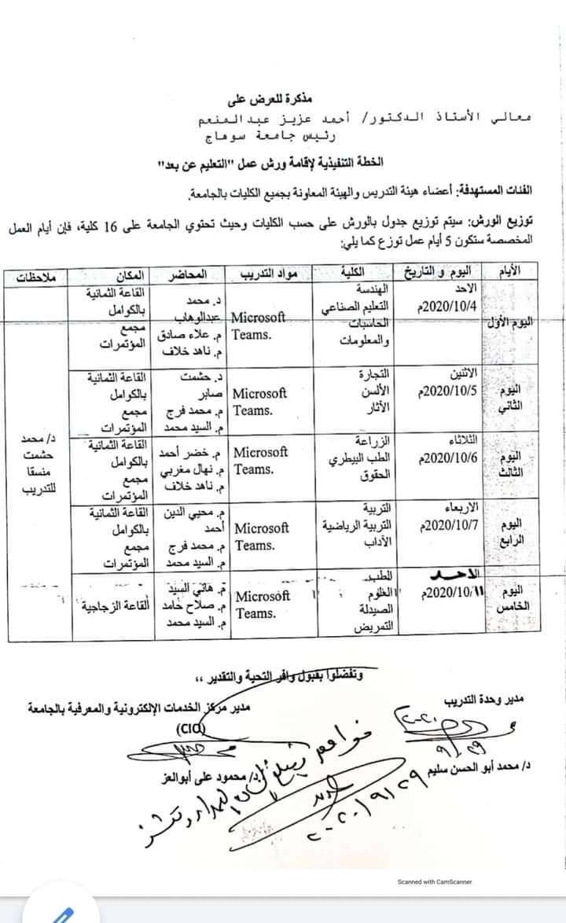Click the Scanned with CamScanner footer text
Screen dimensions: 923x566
click(x=435, y=881)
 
